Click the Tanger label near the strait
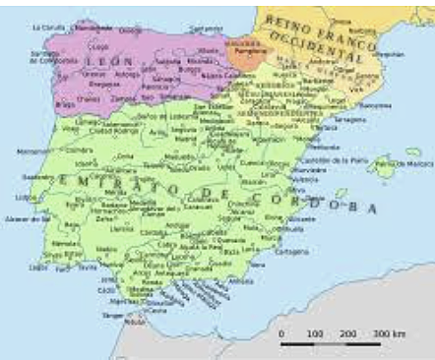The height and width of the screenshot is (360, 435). tap(110, 318)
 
